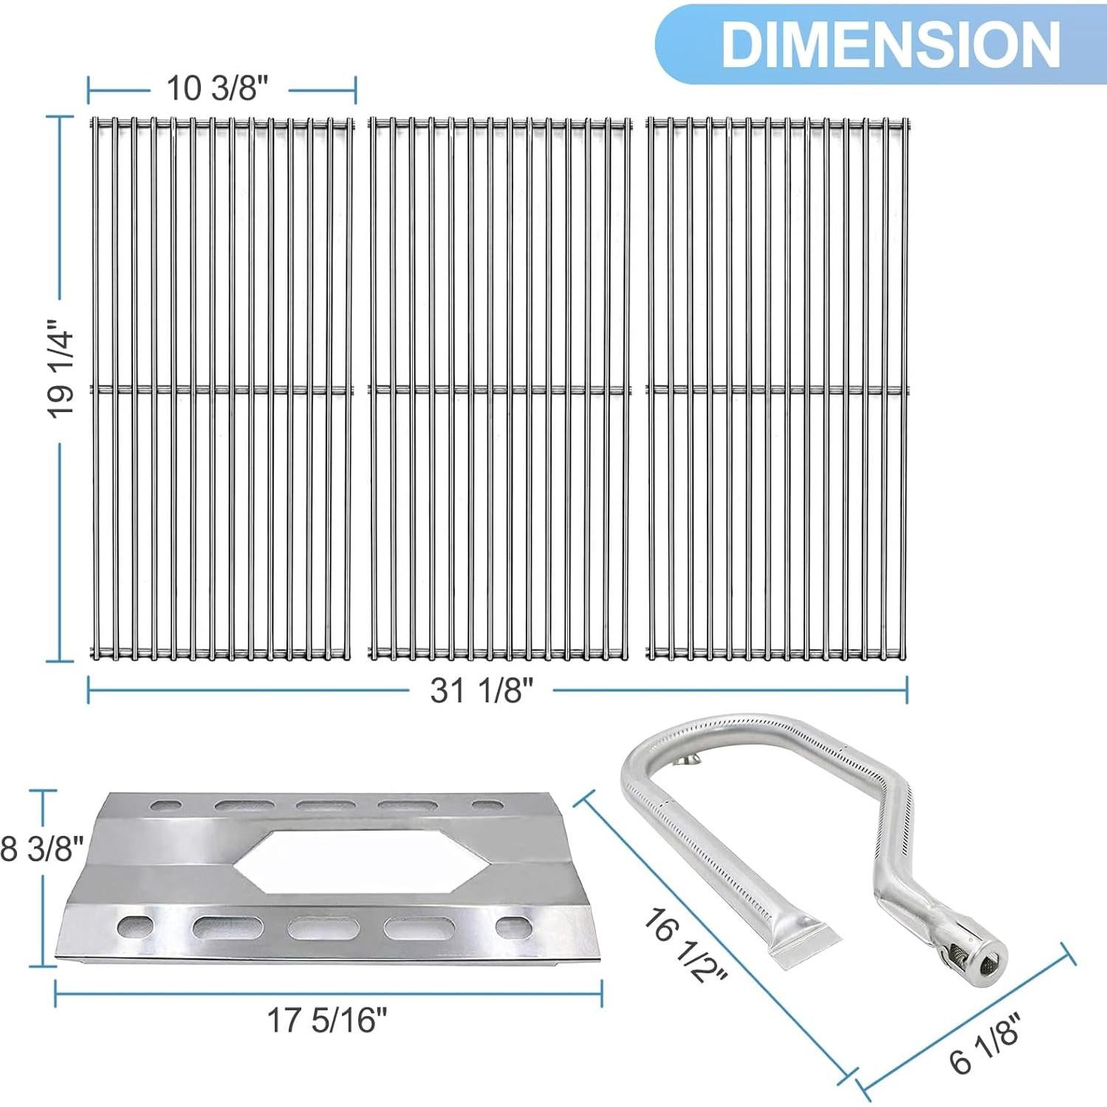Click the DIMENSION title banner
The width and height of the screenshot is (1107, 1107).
point(879,44)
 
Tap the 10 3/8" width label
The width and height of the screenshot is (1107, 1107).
point(216,89)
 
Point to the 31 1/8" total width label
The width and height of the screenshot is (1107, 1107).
point(481,691)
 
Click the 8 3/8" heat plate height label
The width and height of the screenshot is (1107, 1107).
point(41,849)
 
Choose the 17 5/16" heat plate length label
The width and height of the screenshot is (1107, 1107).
point(326,1021)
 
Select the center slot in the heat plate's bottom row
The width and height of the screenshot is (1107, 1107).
point(312,928)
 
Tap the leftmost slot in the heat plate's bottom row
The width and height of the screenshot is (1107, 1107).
point(136,925)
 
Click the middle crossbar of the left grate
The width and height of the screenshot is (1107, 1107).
point(221,388)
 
